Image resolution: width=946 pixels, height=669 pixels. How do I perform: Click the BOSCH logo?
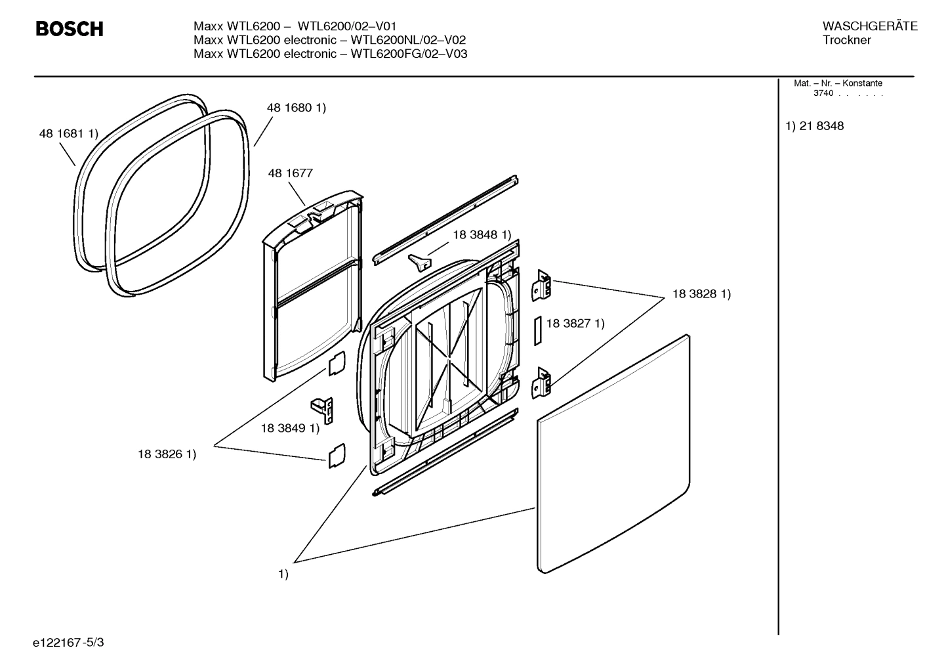(x=69, y=29)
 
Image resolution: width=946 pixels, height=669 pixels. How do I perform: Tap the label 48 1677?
(x=290, y=173)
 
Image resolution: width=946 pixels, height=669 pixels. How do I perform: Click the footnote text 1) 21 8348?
(x=815, y=126)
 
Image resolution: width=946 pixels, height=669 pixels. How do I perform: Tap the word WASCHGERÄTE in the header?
(x=869, y=26)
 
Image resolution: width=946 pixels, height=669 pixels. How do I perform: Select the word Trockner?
(x=846, y=40)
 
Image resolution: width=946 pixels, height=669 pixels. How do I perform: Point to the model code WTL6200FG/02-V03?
(x=409, y=54)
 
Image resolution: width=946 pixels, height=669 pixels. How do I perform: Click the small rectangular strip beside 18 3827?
(x=537, y=330)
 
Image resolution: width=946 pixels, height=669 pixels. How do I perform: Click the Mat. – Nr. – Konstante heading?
(x=838, y=83)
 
